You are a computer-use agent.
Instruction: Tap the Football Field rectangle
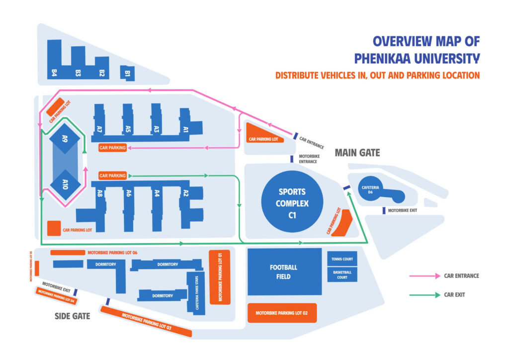[284, 272]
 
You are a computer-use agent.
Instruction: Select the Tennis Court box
[342, 259]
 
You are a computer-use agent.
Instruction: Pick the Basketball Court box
[342, 274]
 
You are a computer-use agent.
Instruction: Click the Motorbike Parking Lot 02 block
[282, 313]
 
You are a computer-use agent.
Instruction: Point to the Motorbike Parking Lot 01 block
[219, 276]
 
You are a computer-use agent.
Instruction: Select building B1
[127, 73]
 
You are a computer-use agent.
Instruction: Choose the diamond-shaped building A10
[65, 187]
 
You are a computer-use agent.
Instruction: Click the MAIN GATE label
[357, 153]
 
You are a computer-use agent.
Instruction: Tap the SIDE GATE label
[72, 316]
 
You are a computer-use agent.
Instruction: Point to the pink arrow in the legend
[424, 275]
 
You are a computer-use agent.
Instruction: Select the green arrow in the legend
[424, 295]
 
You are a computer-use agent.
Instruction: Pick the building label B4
[54, 73]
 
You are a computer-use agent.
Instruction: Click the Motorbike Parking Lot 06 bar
[68, 253]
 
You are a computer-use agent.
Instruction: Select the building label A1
[185, 129]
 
